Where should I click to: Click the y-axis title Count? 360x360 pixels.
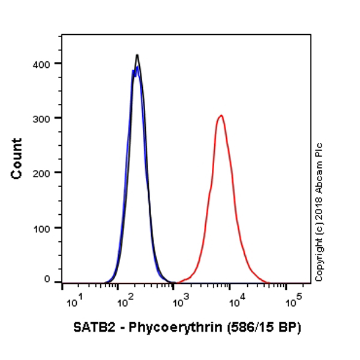click(17, 158)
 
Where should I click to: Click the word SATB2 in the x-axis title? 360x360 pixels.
click(90, 328)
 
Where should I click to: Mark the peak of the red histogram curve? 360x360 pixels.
click(221, 115)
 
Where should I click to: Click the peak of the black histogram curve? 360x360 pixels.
click(137, 55)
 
